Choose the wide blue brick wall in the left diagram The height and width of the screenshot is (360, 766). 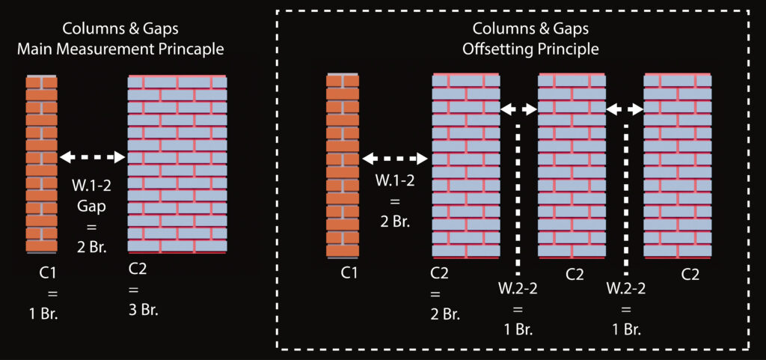pos(177,164)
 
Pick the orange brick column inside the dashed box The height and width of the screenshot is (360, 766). pos(342,165)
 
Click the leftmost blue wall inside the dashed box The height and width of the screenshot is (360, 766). pos(466,165)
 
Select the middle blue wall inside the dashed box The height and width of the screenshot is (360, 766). pos(572,165)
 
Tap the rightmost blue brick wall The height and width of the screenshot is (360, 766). pos(678,165)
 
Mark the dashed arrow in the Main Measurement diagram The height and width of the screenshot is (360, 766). pos(93,157)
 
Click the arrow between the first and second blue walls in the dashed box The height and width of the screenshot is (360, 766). pos(519,109)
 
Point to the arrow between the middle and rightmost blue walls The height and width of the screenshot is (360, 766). pos(625,109)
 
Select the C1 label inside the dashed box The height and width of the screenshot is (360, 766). pos(349,274)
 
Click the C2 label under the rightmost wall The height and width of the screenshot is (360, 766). pos(690,275)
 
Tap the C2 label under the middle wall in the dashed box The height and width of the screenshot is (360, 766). pos(574,275)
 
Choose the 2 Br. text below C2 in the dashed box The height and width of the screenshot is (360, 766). pos(445,313)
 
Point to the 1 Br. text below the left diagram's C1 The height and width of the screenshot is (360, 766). pos(43,312)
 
